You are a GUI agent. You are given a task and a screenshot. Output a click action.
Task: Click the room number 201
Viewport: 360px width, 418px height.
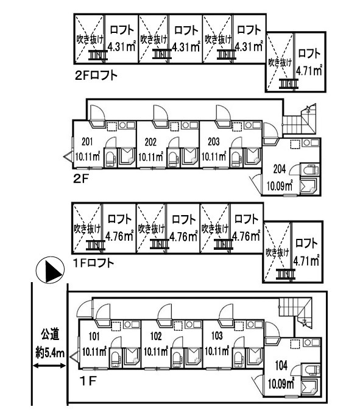pos(87,141)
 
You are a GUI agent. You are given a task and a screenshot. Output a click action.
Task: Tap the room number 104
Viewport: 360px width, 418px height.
pos(281,366)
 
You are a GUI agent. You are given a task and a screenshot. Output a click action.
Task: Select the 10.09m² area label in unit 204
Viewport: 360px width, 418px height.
pos(280,185)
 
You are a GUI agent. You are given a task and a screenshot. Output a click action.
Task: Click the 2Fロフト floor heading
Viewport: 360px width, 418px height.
pos(96,76)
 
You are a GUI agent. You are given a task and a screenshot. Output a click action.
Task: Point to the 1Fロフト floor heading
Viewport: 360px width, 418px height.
pos(94,263)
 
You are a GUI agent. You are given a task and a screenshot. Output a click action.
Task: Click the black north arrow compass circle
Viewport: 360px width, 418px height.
pos(50,270)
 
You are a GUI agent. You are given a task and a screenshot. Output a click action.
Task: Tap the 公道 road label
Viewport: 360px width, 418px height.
pos(50,335)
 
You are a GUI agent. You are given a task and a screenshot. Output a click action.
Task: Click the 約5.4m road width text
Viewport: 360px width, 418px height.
pos(50,353)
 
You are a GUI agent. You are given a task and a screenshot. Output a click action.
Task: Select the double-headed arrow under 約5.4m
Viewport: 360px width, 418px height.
pos(49,366)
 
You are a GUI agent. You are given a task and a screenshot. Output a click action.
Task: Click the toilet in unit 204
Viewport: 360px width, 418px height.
pos(310,169)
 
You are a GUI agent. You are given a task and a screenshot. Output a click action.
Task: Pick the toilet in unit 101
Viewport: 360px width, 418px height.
pos(115,358)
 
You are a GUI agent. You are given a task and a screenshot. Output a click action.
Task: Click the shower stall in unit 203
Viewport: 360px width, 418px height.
pos(252,158)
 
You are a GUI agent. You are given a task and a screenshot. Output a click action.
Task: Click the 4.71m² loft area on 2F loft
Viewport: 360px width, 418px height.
pos(309,71)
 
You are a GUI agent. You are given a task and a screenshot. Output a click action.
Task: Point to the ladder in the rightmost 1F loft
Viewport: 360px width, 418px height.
pos(286,274)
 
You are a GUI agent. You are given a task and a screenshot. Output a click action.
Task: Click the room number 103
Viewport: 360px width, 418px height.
pos(217,336)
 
